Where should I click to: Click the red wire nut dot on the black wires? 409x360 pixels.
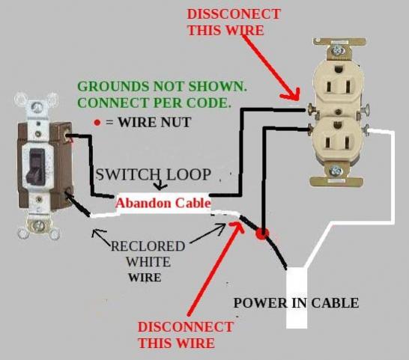pyautogui.click(x=262, y=234)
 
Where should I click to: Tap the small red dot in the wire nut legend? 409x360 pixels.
pyautogui.click(x=97, y=123)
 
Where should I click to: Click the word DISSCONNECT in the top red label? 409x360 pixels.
pyautogui.click(x=234, y=13)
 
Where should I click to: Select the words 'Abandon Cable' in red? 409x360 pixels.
pyautogui.click(x=163, y=203)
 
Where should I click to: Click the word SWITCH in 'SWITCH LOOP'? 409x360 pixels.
pyautogui.click(x=128, y=174)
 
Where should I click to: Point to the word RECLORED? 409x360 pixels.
pyautogui.click(x=148, y=246)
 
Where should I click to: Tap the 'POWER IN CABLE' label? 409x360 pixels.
pyautogui.click(x=296, y=303)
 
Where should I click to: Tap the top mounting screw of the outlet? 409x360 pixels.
pyautogui.click(x=337, y=49)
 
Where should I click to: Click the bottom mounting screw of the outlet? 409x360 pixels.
pyautogui.click(x=336, y=171)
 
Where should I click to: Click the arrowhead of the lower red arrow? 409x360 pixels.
pyautogui.click(x=237, y=226)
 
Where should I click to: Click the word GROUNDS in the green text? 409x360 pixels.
pyautogui.click(x=113, y=87)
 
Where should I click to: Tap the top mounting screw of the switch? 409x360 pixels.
pyautogui.click(x=36, y=107)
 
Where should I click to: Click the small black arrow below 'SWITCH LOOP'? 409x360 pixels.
pyautogui.click(x=160, y=185)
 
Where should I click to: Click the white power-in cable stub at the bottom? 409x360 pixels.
pyautogui.click(x=297, y=298)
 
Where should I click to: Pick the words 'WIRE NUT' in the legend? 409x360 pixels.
pyautogui.click(x=154, y=122)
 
